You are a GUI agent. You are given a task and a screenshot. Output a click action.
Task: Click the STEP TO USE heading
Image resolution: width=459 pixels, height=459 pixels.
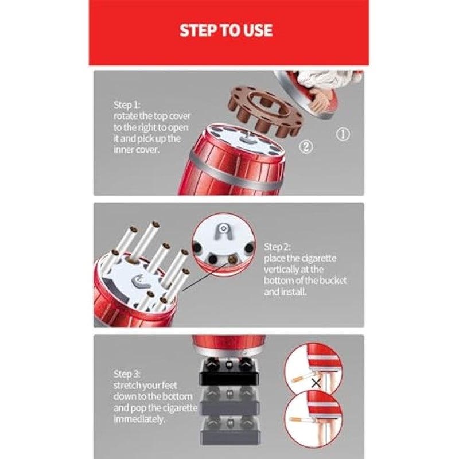(x=226, y=30)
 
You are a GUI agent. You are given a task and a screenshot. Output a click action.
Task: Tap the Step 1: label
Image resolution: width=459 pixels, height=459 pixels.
(x=127, y=105)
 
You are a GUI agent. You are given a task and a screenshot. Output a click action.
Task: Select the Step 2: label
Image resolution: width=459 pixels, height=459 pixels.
(x=277, y=247)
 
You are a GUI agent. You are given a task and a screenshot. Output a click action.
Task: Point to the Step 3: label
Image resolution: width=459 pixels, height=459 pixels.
(x=127, y=374)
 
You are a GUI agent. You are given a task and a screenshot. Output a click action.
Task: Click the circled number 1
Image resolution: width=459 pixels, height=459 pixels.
(x=343, y=134)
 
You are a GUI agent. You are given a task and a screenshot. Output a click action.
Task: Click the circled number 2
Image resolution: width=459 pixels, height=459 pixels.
(x=306, y=146)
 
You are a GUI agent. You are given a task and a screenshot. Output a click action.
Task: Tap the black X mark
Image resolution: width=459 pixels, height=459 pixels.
(x=316, y=383)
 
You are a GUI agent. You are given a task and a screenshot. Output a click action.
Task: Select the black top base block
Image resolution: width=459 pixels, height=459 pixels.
(x=229, y=372)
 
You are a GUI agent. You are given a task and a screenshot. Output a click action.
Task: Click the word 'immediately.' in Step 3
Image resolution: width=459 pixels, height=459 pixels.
(x=139, y=419)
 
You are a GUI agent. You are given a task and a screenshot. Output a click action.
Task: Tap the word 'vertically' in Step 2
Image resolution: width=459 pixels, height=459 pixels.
(x=281, y=269)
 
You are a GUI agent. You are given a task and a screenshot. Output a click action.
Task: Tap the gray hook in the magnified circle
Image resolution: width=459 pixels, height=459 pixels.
(x=223, y=231)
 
